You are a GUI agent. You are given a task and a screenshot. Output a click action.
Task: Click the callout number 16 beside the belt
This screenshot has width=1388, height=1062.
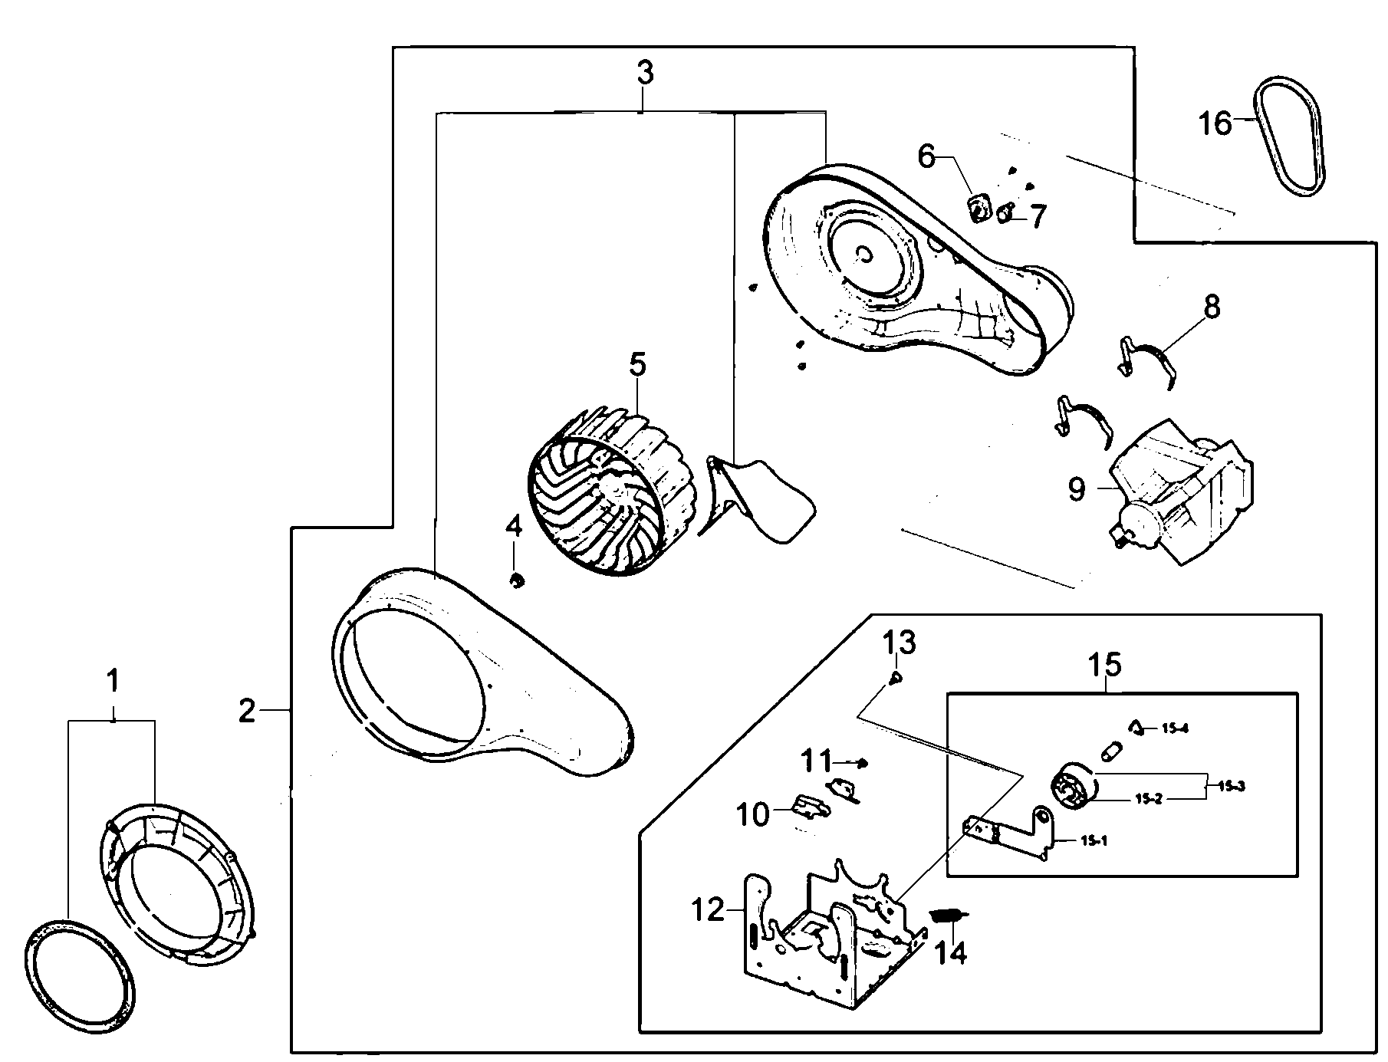tap(1215, 123)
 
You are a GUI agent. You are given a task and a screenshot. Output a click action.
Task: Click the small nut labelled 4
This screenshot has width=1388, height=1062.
tap(517, 580)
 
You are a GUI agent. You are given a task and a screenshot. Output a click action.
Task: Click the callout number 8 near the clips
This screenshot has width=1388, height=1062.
tap(1211, 307)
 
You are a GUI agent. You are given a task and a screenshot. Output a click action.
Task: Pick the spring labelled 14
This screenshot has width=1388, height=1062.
tap(949, 916)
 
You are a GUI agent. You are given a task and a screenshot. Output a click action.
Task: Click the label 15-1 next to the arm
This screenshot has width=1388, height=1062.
tap(1094, 841)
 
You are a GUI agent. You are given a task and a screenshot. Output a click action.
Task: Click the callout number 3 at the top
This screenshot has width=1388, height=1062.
tap(645, 74)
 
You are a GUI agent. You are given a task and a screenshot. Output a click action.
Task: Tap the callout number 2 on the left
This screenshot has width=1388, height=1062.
tap(247, 712)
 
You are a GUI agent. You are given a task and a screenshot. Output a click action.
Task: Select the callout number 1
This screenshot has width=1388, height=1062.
tap(112, 681)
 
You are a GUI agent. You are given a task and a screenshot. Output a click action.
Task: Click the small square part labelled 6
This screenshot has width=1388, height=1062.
tap(979, 208)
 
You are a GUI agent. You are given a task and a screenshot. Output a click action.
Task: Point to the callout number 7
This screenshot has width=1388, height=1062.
tap(1037, 217)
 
